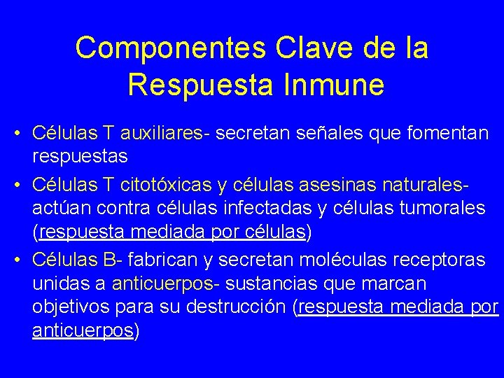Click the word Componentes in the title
tap(170, 48)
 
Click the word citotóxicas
tap(166, 185)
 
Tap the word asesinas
tap(329, 185)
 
